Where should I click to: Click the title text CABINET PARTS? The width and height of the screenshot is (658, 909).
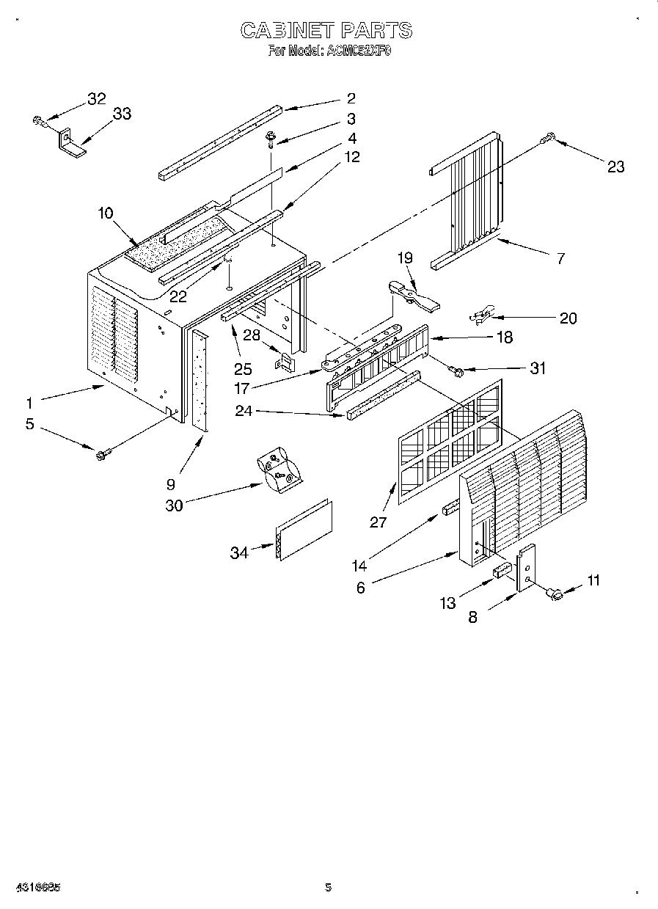tap(326, 30)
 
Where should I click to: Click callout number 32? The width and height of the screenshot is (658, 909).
tap(96, 99)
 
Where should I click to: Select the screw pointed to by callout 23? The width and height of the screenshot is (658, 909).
tap(548, 136)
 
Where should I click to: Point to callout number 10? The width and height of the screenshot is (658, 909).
tap(105, 213)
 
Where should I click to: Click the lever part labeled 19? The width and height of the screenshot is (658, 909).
tap(411, 293)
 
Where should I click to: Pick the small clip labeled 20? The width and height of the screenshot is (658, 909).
tap(483, 316)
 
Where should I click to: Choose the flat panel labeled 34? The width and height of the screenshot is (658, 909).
tap(303, 532)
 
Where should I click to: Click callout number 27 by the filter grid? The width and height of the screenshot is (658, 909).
tap(379, 522)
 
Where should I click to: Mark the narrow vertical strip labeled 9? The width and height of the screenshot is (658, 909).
tap(200, 380)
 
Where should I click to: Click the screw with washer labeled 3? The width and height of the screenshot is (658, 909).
tap(271, 136)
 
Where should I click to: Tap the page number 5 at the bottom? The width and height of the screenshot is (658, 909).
tap(328, 888)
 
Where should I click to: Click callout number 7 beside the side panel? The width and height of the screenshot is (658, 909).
tap(560, 258)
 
